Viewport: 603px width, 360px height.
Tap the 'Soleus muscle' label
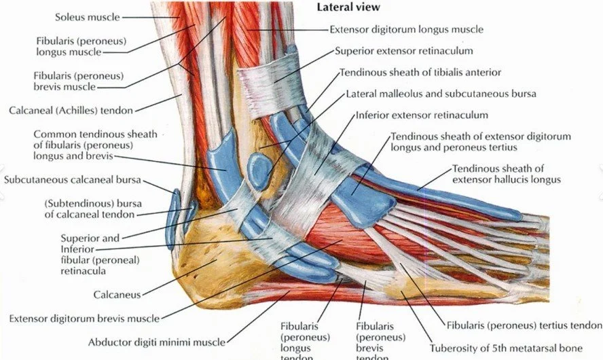[86, 16]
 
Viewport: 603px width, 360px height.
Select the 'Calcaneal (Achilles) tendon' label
[71, 109]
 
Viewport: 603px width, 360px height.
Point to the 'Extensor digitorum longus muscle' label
[406, 30]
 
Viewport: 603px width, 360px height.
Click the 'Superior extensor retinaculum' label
[404, 51]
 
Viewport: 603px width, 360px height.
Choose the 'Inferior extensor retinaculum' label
[422, 115]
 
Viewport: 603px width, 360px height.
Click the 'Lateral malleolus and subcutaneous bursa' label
[441, 93]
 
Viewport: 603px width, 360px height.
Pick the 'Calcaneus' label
[116, 295]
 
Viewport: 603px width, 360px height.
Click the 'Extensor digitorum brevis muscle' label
[84, 318]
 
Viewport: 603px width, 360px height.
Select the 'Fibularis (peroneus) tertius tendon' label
[524, 324]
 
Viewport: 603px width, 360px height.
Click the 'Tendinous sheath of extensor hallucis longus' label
[506, 174]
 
